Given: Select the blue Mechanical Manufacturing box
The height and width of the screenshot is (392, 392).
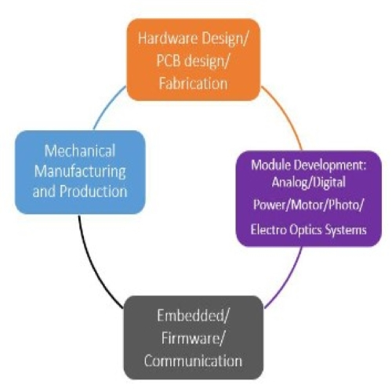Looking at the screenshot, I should (80, 170).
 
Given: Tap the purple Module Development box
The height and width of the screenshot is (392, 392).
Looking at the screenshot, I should (307, 198).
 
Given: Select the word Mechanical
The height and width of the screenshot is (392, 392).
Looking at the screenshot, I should (80, 150).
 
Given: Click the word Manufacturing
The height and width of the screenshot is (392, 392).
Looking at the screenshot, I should (80, 170).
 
